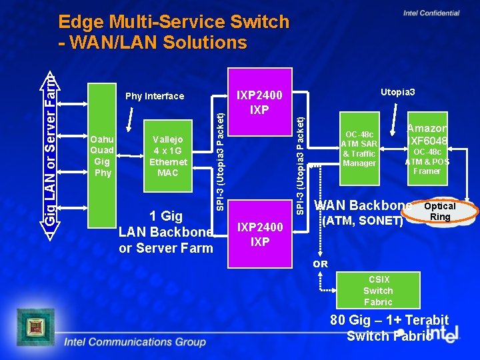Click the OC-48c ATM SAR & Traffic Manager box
point(359,147)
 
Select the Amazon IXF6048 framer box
point(427,147)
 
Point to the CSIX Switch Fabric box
point(378,291)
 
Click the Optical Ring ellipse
point(440,211)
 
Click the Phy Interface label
point(155,96)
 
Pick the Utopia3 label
point(397,91)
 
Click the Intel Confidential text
point(431,13)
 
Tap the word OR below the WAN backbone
point(321,264)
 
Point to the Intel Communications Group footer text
point(135,342)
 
